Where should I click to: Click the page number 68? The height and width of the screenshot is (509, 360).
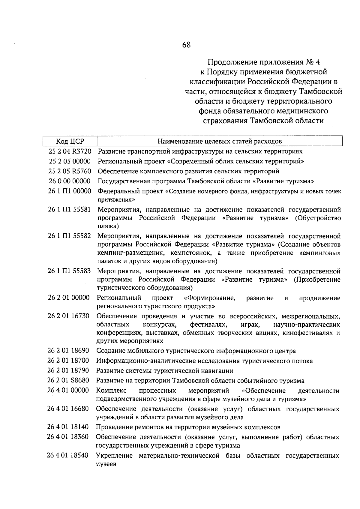[x=186, y=45]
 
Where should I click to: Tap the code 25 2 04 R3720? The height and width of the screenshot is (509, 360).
[x=70, y=151]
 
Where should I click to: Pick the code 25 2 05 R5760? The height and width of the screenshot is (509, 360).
[x=70, y=171]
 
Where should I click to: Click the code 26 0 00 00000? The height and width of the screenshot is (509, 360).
[x=70, y=181]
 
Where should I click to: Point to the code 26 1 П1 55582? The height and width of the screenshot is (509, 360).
[x=69, y=236]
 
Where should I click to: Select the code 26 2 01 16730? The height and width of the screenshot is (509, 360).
[x=68, y=316]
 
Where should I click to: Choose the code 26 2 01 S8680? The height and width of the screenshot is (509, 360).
[x=68, y=381]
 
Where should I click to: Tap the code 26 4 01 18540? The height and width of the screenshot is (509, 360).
[x=68, y=456]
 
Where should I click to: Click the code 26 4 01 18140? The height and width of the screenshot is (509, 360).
[x=68, y=427]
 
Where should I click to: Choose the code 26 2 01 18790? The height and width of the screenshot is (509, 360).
[x=68, y=371]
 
